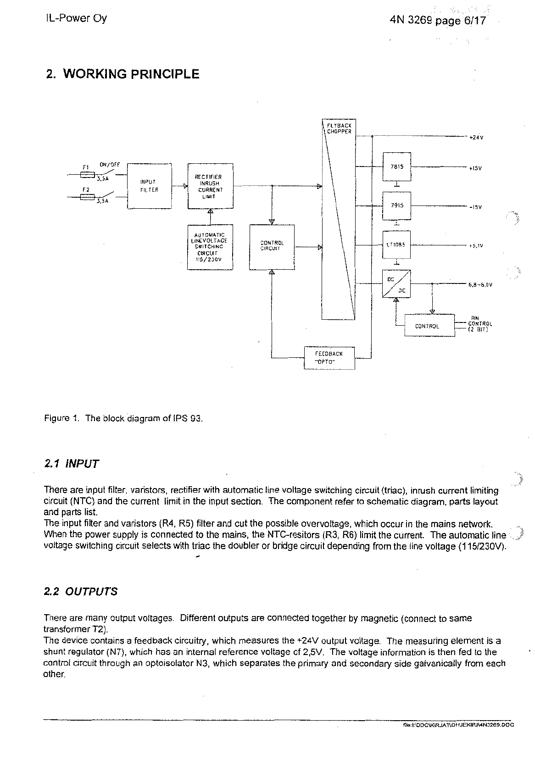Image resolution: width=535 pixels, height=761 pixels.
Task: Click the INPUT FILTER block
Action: pos(149,186)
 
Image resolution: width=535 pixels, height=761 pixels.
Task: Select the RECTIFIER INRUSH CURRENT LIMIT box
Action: pos(210,186)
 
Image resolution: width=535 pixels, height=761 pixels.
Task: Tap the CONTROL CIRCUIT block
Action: pos(272,247)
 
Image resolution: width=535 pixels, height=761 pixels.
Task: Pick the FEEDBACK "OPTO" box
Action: pos(329,358)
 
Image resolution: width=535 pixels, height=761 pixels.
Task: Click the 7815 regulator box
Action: pos(397,167)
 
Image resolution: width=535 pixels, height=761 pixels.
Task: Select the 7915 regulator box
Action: pos(397,206)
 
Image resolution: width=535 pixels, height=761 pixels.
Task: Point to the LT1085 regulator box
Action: pos(397,245)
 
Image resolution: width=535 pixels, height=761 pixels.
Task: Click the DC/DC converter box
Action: pos(396,283)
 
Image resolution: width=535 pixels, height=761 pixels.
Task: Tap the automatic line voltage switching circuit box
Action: pos(210,247)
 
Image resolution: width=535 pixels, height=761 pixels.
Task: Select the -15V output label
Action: pos(475,207)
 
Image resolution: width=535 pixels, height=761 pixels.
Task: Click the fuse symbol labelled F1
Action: pos(87,175)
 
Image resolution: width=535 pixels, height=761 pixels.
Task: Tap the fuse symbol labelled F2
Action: pos(87,197)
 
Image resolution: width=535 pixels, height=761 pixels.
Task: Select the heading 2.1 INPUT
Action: pos(71,463)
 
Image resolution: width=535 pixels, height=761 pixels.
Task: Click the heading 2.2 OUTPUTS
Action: pos(80,591)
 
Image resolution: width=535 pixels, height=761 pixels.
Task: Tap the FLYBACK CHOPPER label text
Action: pos(339,128)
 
